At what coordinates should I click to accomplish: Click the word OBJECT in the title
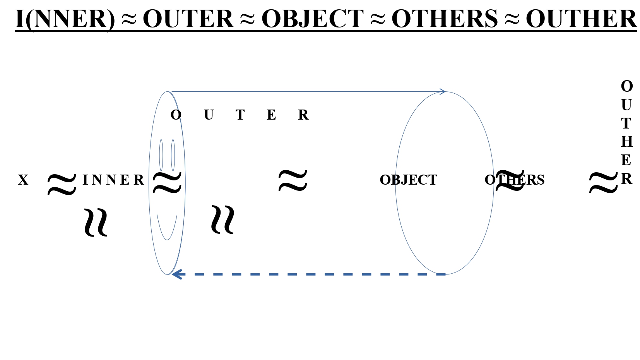(x=312, y=19)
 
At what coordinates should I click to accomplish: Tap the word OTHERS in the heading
(x=444, y=19)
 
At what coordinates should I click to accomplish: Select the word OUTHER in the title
(x=581, y=19)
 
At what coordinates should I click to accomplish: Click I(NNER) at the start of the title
(x=65, y=19)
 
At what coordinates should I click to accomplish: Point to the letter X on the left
(x=23, y=180)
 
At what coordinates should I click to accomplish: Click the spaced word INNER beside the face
(x=113, y=180)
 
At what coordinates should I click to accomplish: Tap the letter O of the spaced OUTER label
(x=176, y=115)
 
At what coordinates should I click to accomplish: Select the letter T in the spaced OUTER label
(x=240, y=115)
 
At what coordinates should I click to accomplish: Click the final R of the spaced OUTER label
(x=303, y=115)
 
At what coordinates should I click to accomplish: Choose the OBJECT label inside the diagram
(x=408, y=180)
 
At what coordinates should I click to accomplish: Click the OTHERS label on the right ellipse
(x=514, y=180)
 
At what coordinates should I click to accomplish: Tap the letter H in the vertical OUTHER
(x=626, y=142)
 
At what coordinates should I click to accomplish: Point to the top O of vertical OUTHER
(x=626, y=86)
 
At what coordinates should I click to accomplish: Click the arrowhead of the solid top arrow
(x=443, y=92)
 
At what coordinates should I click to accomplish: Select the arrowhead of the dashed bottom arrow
(x=177, y=274)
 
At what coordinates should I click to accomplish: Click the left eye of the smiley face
(x=161, y=155)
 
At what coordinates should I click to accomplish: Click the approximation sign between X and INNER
(x=62, y=184)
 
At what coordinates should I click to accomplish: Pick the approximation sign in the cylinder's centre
(x=293, y=181)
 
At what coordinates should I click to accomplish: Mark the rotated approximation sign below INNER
(x=96, y=222)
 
